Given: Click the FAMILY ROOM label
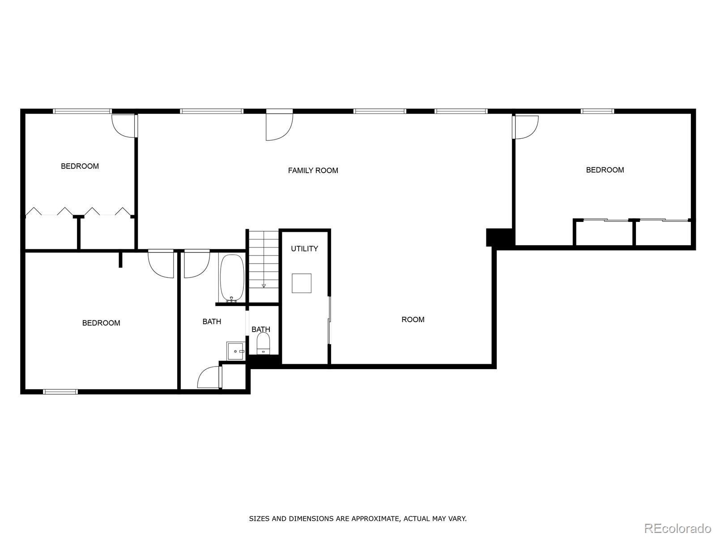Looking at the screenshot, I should point(313,170).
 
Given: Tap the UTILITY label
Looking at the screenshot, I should point(304,249).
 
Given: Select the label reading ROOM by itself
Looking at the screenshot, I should point(413,320).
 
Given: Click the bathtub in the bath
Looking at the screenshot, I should point(232,278).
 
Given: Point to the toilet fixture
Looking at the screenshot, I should point(263,344).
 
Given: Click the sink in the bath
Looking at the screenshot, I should point(235,351).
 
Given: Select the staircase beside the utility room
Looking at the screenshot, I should point(264,260).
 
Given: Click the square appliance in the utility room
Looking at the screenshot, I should point(302,283).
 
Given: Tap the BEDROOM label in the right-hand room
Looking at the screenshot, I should point(605,170).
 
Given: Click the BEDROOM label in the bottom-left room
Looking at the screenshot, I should point(101,323).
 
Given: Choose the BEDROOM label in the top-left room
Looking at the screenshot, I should point(80,166).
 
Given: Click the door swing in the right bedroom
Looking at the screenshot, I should point(526,127).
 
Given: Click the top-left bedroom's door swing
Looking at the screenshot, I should point(124,126).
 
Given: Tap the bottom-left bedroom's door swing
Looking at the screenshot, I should point(161,264).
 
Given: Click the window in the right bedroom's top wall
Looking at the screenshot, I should point(597,111).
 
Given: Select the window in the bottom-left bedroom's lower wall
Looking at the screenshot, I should point(60,392).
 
